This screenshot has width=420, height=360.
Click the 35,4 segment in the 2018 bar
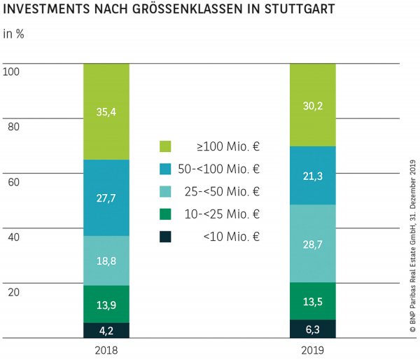[106, 111]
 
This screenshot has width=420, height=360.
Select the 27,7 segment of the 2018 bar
[106, 198]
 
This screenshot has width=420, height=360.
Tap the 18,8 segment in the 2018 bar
[106, 261]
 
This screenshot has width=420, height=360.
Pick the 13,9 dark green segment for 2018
[106, 304]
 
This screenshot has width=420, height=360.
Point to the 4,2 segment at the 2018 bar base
[106, 331]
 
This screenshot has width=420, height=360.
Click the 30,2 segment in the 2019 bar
[313, 104]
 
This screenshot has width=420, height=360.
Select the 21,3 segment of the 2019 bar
[313, 176]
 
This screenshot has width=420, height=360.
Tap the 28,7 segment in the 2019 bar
[313, 244]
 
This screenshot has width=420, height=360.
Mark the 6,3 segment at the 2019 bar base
[313, 329]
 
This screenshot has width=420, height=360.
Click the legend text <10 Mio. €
[232, 237]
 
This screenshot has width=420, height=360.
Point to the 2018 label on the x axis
[106, 349]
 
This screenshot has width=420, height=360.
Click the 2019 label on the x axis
[313, 349]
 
